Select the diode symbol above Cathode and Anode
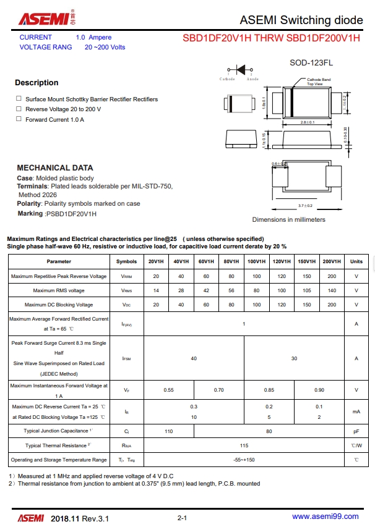point(240,70)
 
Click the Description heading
point(37,83)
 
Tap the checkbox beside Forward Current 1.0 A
point(19,119)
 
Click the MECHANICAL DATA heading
point(55,167)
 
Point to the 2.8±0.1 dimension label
point(308,122)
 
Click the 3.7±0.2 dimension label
point(305,205)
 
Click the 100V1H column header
point(257,261)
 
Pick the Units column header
point(356,261)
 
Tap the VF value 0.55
point(168,390)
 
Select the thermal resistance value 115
point(244,445)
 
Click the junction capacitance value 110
point(168,431)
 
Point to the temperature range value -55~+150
point(244,460)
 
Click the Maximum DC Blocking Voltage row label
point(59,305)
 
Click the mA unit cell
point(356,411)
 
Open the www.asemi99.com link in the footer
point(325,516)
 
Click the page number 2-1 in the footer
point(183,517)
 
